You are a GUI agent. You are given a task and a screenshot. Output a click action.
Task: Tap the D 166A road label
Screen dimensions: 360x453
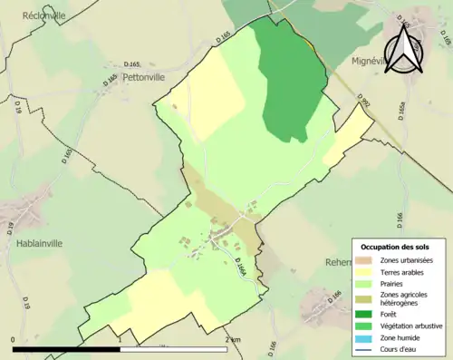coord(240,268)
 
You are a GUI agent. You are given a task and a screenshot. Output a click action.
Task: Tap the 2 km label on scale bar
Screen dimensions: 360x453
coord(235,339)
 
